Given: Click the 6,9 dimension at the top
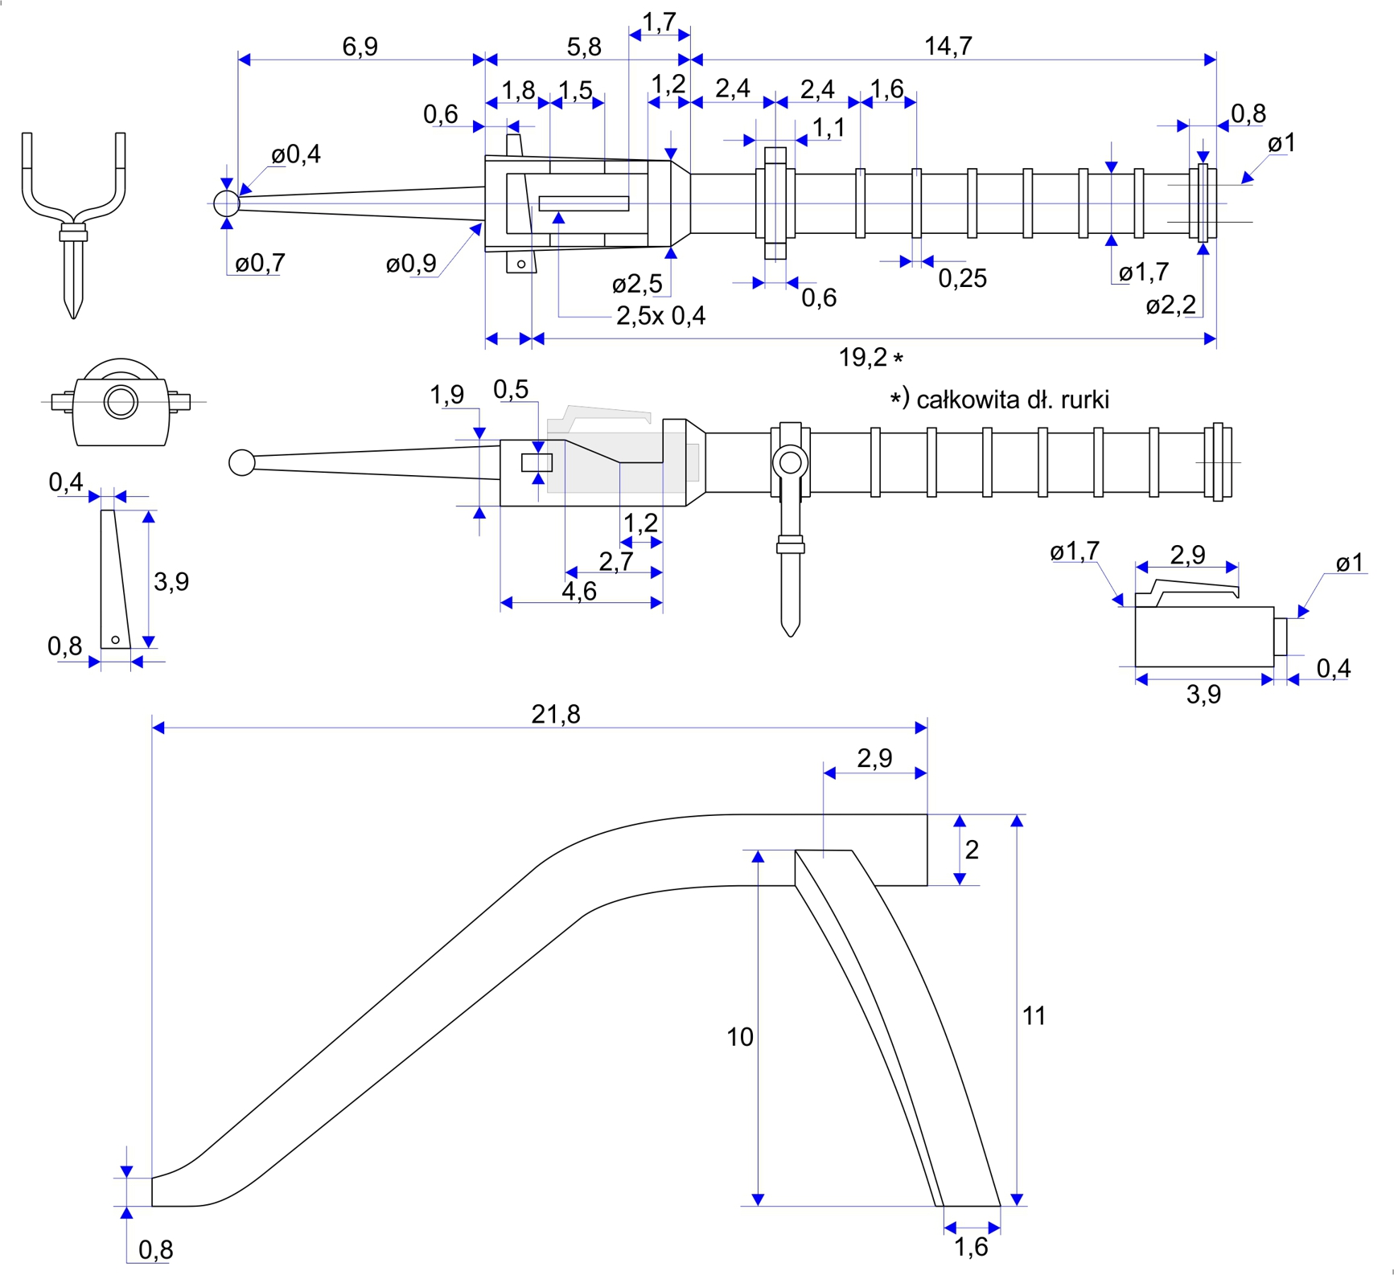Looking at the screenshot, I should (360, 47).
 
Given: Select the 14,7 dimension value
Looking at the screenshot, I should (948, 47).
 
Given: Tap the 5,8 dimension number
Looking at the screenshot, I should (584, 47).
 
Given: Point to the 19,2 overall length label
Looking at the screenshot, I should (862, 358).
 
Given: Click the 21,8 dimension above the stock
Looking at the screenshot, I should (555, 714).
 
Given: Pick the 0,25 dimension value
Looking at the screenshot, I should (962, 279).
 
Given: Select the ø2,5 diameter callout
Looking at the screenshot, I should (637, 284).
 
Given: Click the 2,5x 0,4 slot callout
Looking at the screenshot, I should (660, 316).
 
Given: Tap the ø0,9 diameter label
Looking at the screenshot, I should (411, 264).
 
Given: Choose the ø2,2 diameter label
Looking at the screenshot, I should (1170, 305).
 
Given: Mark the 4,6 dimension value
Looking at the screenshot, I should (579, 592).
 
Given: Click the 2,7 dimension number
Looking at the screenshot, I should (615, 561).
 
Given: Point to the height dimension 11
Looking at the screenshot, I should (1034, 1016).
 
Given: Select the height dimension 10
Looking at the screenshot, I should (740, 1037).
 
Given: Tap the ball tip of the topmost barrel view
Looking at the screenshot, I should (227, 203).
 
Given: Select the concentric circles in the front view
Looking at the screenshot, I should (121, 401).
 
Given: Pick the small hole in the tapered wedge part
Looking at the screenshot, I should (116, 640).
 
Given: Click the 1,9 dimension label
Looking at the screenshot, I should (446, 395).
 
